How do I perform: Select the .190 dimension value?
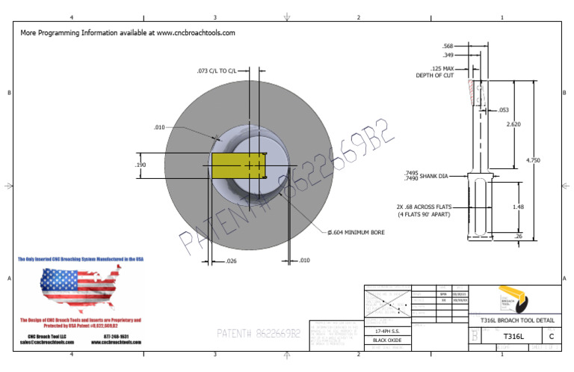[x=140, y=165]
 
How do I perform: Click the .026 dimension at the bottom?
[x=231, y=260]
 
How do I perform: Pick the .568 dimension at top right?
[x=448, y=46]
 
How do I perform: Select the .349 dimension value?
[x=448, y=55]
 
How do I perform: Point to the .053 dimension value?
[x=503, y=109]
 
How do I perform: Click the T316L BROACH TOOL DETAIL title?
[x=513, y=320]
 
